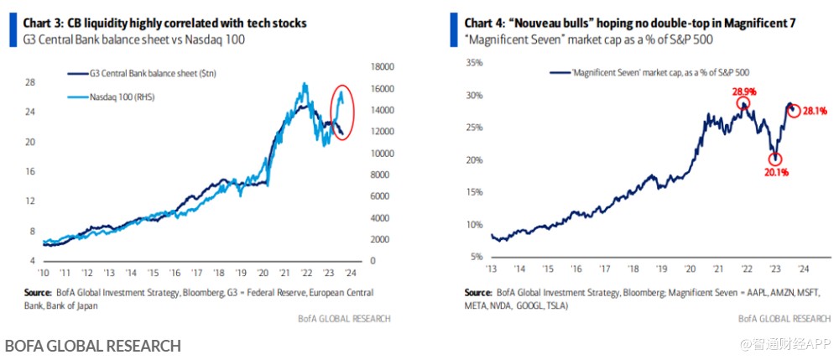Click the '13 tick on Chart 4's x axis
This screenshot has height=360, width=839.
click(x=492, y=269)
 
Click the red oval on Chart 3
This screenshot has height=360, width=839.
click(x=342, y=112)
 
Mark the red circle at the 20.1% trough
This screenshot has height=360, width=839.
click(x=776, y=159)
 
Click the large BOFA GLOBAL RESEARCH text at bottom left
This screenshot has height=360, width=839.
click(x=92, y=346)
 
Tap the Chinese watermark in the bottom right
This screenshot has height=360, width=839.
click(x=784, y=345)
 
